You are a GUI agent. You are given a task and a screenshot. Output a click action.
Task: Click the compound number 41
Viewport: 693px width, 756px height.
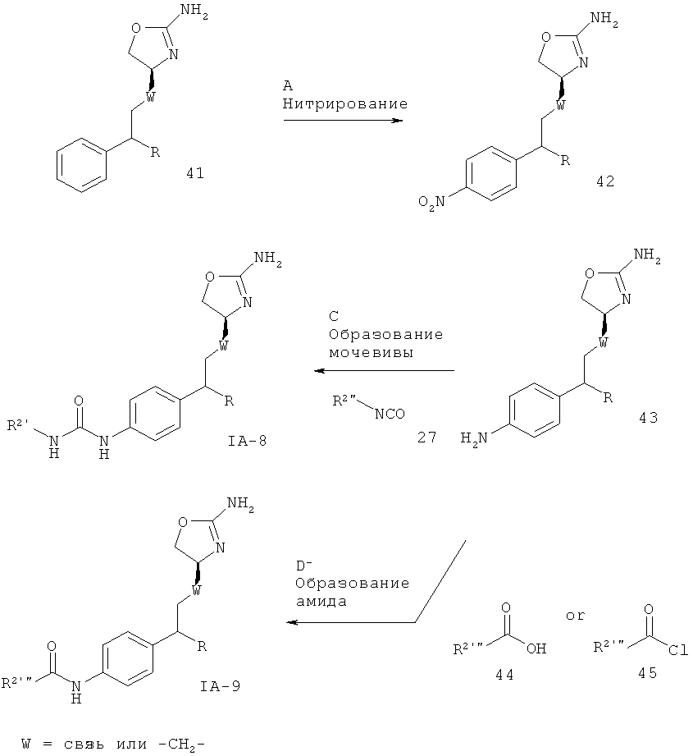coord(195,172)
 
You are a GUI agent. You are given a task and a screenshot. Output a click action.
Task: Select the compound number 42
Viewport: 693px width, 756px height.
coord(605,181)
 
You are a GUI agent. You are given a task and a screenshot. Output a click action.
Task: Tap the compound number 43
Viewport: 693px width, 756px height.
coord(648,417)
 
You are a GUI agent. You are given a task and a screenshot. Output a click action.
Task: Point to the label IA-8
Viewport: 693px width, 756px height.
coord(248,440)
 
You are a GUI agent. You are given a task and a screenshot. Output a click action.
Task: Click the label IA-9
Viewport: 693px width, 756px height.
coord(220,685)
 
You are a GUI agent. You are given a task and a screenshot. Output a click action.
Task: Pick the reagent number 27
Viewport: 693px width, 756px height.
coord(427,438)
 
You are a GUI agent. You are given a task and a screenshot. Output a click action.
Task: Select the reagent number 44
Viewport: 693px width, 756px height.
coord(504,675)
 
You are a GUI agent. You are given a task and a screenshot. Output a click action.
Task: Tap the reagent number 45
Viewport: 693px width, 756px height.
coord(647,672)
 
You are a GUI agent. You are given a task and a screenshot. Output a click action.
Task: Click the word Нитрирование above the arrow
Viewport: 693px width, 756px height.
coord(344,103)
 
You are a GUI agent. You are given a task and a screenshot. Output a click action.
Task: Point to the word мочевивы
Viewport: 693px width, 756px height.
coord(371,352)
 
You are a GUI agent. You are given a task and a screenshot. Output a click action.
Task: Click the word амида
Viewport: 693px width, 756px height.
coord(321,602)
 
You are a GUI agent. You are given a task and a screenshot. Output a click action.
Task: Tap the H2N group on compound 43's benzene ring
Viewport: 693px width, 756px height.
coord(474,439)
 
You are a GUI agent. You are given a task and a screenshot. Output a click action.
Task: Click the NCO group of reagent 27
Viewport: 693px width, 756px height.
coord(390,414)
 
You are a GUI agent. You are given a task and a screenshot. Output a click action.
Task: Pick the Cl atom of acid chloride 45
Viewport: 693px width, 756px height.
coord(678,650)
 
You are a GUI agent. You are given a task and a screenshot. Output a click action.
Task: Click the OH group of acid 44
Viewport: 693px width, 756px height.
coord(536,649)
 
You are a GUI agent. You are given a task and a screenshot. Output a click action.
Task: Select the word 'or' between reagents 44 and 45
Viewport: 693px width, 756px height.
coord(575,616)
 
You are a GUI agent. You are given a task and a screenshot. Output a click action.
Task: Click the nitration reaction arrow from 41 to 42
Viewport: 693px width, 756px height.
coord(343,120)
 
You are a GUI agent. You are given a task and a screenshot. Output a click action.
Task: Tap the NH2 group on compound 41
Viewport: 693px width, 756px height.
coord(197,11)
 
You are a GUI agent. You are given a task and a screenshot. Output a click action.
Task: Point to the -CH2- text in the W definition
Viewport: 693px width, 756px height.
coord(181,745)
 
